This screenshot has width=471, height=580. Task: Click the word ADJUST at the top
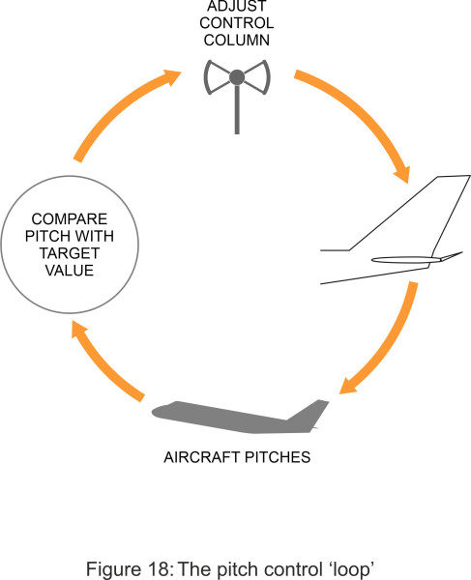tap(237, 7)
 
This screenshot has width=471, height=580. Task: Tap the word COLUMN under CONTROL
tap(237, 41)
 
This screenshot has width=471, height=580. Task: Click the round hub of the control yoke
tap(237, 77)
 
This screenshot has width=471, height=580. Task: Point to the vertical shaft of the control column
tap(237, 109)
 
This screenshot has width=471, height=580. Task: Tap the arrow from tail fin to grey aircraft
tap(389, 344)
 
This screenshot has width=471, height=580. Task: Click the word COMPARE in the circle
tap(70, 219)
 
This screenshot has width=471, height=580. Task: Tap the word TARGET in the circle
tap(70, 253)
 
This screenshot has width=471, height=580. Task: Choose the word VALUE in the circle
tap(70, 271)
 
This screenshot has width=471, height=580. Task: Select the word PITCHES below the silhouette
tap(278, 457)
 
